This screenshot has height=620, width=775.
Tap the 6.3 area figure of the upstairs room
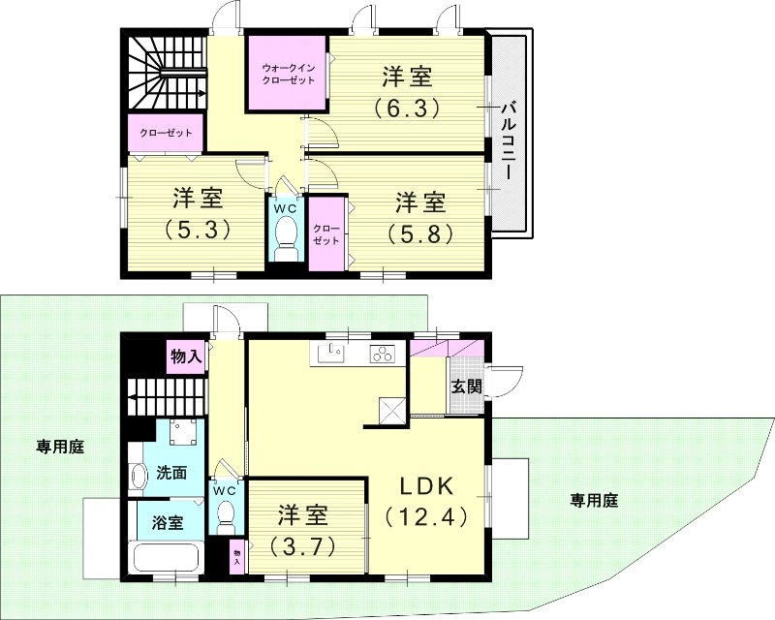coord(406,106)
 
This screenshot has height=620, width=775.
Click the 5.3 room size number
coord(197,230)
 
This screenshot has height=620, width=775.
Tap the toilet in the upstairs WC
coord(287,235)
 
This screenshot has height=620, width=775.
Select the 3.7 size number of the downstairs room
coord(303,545)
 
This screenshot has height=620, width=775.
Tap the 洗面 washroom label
coord(171,474)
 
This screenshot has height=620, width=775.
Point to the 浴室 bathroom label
coord(169,523)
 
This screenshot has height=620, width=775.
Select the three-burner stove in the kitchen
coord(381,355)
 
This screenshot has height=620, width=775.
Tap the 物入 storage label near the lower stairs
coord(185,356)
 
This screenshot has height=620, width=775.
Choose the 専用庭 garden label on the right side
coord(593,501)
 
